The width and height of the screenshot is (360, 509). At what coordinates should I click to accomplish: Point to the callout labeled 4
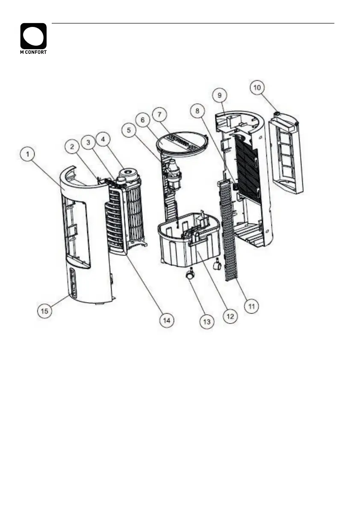[x=103, y=139]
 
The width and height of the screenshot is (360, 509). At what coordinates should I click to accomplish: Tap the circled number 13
[x=207, y=322]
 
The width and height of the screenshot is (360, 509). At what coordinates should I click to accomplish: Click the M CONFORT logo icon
[x=33, y=36]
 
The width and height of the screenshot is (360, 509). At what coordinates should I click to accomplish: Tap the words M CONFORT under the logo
[x=33, y=52]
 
